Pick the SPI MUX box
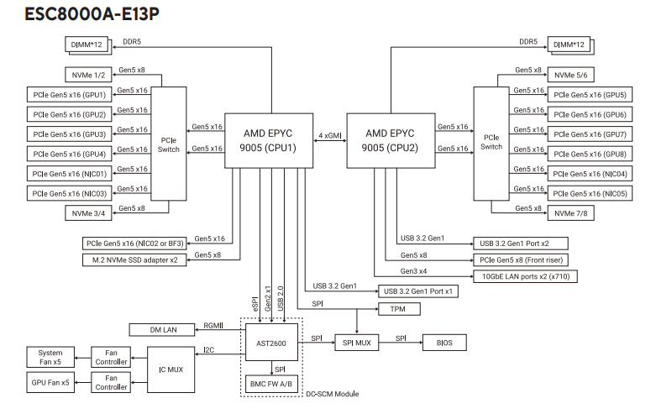[357, 343]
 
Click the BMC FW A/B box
[269, 383]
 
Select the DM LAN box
[161, 328]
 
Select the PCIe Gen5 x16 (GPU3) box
[70, 134]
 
